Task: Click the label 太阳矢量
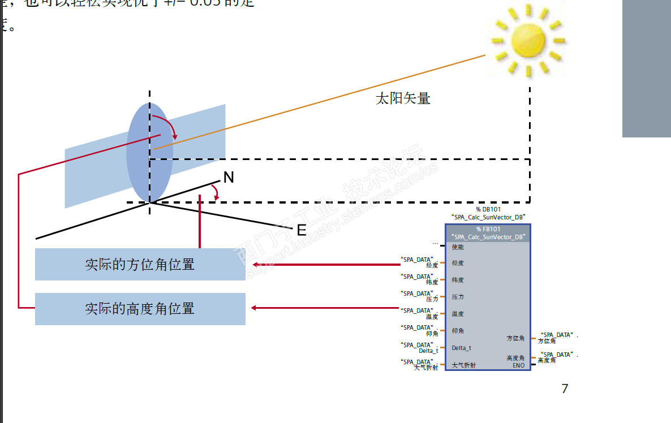(x=403, y=98)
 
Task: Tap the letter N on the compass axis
(x=229, y=178)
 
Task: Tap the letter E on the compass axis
(x=302, y=230)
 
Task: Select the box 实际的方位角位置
(x=140, y=264)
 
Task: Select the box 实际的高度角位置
(x=140, y=309)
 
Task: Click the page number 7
(x=564, y=389)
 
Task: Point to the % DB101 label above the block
(x=488, y=209)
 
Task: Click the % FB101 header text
(x=488, y=229)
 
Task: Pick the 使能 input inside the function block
(x=458, y=247)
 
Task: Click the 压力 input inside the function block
(x=458, y=297)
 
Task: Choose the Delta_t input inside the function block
(x=461, y=348)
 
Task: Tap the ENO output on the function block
(x=518, y=365)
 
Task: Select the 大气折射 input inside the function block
(x=463, y=365)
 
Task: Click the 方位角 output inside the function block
(x=515, y=338)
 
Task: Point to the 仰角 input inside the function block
(x=458, y=331)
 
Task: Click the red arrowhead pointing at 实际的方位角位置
(x=255, y=264)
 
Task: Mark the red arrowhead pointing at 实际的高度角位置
(x=255, y=308)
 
